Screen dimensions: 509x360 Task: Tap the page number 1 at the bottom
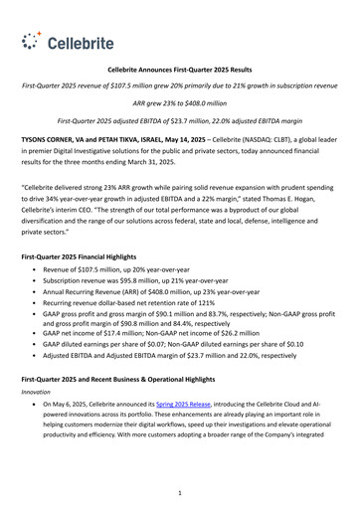coord(179,491)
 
